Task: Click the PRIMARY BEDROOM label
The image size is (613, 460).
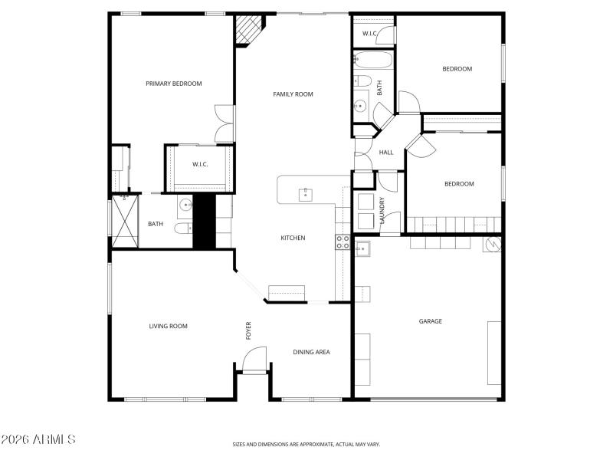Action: (x=174, y=84)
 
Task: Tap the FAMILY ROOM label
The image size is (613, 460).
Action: (x=293, y=94)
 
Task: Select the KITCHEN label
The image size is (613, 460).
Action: (x=293, y=238)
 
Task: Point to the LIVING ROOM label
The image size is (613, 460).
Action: (x=168, y=327)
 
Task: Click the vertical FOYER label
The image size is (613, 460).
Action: (x=248, y=330)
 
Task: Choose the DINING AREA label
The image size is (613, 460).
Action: (x=311, y=353)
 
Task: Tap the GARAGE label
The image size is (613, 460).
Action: (x=430, y=322)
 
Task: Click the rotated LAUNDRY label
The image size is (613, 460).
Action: (x=380, y=211)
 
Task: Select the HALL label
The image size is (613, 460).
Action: (x=386, y=153)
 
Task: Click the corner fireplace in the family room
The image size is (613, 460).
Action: (x=249, y=31)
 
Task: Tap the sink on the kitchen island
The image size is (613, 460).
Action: (x=306, y=192)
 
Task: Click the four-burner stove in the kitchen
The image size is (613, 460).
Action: (x=343, y=242)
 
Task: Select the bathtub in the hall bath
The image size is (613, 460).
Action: (x=373, y=60)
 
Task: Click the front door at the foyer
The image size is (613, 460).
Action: (x=254, y=360)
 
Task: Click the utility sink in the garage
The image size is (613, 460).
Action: (x=362, y=249)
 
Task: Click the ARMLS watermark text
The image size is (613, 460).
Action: (x=38, y=439)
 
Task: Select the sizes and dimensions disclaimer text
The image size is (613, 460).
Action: (x=306, y=444)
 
